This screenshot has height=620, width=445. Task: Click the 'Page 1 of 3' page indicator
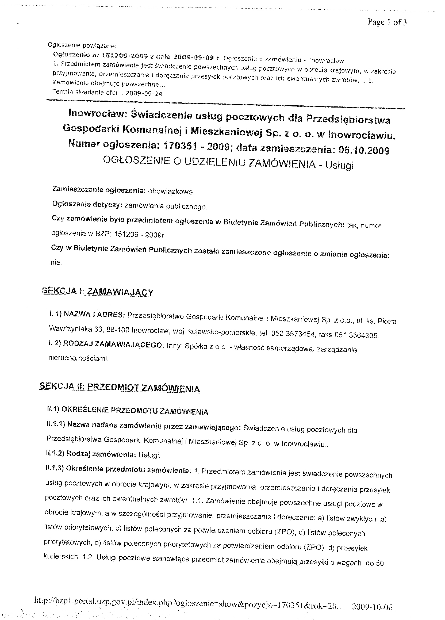click(387, 22)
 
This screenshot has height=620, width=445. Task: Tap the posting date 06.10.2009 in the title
click(363, 150)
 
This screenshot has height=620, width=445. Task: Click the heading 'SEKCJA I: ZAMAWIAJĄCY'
click(97, 292)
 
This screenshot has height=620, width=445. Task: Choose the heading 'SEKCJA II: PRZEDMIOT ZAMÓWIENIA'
click(120, 388)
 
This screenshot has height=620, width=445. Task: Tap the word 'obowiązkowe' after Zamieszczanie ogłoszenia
click(171, 192)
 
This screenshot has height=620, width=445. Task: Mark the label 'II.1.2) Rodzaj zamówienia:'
click(91, 454)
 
